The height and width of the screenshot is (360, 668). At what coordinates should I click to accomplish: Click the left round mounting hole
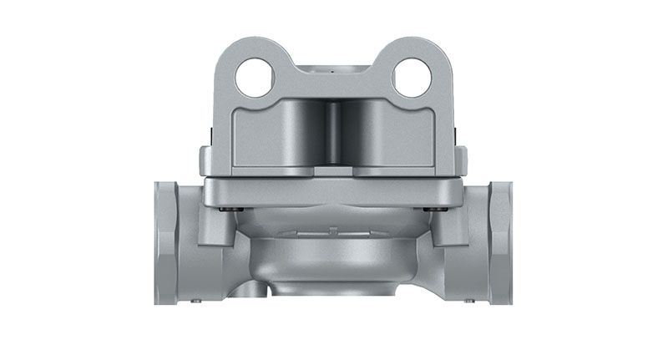(x=256, y=78)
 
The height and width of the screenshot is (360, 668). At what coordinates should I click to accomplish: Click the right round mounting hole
(x=412, y=78)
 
